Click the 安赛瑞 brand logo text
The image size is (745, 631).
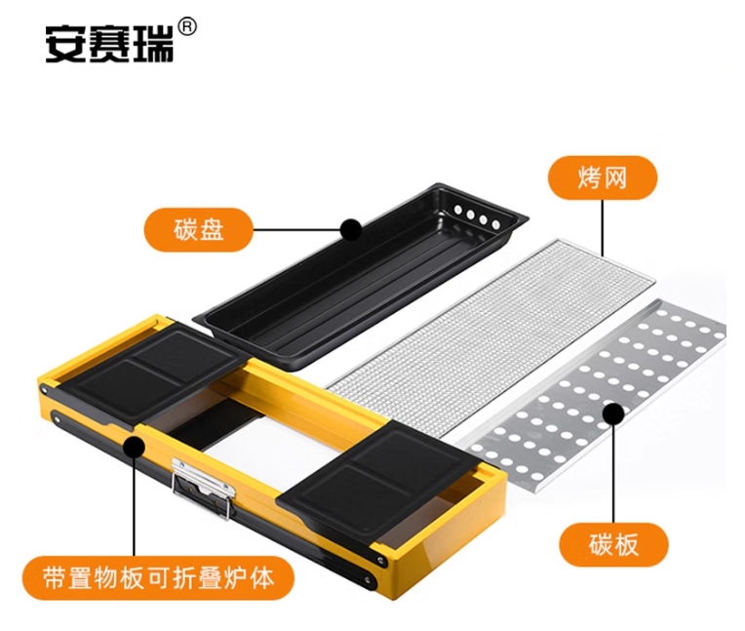coord(109,45)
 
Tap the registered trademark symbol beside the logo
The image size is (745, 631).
coord(187,27)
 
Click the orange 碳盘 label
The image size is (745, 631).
coord(199,229)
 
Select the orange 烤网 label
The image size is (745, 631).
coord(603,177)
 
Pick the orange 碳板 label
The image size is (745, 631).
coord(613,545)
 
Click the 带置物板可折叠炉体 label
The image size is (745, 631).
coord(158,578)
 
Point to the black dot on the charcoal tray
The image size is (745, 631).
coord(351,230)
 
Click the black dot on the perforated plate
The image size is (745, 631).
coord(613,414)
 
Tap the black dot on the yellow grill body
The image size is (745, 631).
coord(134,447)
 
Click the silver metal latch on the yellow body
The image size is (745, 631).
coord(203,485)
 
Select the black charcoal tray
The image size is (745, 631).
coord(361,276)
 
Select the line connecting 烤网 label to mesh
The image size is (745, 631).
coord(603,228)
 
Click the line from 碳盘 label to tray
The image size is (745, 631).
coord(297,230)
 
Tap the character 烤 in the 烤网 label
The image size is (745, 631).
coord(589,178)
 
